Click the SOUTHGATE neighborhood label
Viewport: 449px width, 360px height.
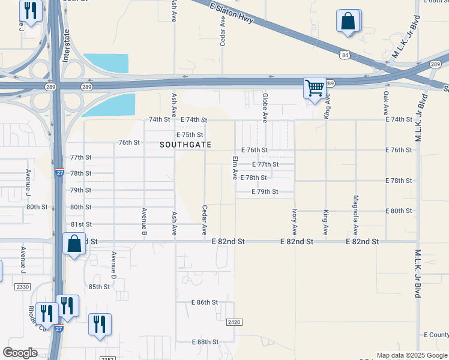pyautogui.click(x=185, y=145)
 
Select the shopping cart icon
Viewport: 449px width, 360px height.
pyautogui.click(x=315, y=88)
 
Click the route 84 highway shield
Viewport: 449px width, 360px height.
pyautogui.click(x=344, y=55)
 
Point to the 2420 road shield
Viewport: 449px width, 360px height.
pyautogui.click(x=235, y=322)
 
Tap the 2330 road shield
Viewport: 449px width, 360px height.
pyautogui.click(x=23, y=287)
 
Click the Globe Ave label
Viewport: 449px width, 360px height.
pyautogui.click(x=264, y=104)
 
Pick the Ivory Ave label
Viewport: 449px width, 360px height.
pyautogui.click(x=294, y=221)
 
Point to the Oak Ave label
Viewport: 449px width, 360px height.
pyautogui.click(x=386, y=102)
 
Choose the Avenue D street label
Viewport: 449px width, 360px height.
pyautogui.click(x=113, y=264)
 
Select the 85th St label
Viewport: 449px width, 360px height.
pyautogui.click(x=99, y=287)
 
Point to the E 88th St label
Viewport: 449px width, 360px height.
pyautogui.click(x=205, y=342)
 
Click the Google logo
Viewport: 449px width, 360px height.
pyautogui.click(x=20, y=353)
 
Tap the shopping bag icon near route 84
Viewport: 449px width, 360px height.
pyautogui.click(x=348, y=22)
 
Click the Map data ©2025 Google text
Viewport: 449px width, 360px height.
pyautogui.click(x=411, y=355)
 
